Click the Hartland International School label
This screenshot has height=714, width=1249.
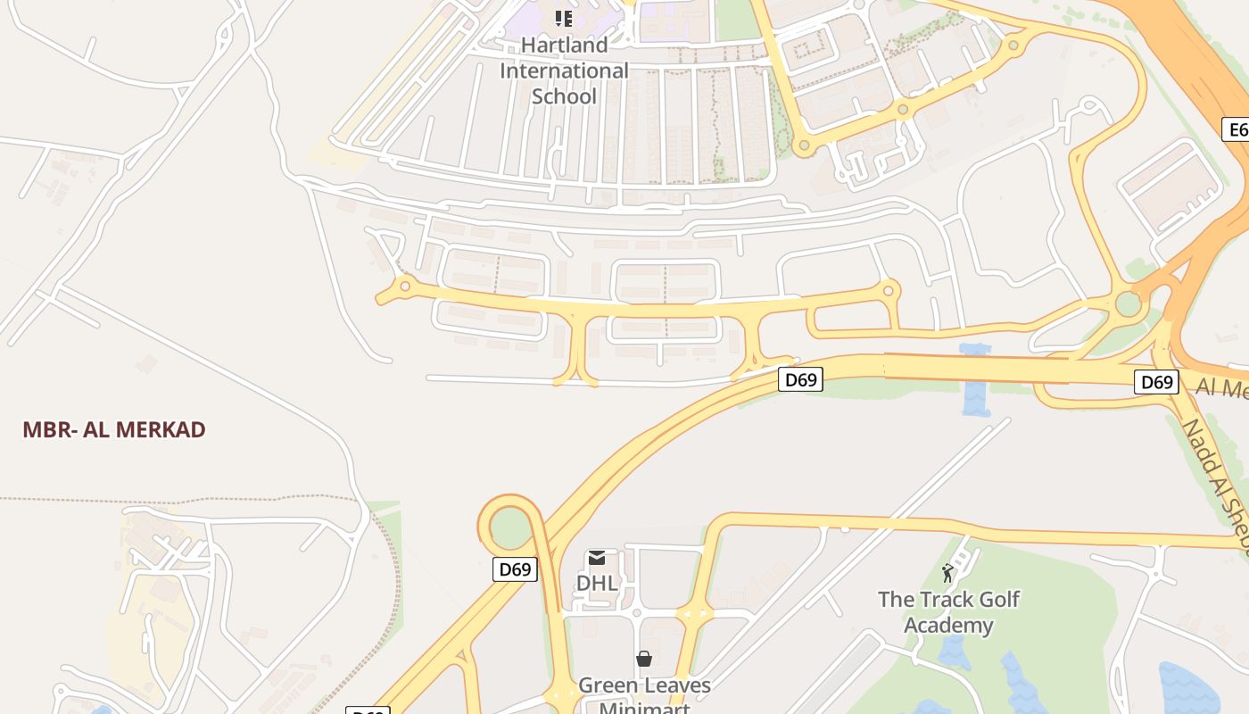[x=564, y=71]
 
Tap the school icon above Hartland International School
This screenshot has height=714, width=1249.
[x=564, y=18]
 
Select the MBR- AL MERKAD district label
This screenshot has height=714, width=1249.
[x=114, y=429]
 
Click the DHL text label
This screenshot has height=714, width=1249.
[x=597, y=583]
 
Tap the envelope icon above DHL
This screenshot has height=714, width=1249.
[x=597, y=559]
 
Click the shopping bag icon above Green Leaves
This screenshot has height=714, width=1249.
[x=644, y=660]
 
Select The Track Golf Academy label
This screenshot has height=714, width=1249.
[x=948, y=611]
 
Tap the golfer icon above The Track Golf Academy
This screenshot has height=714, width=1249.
[x=947, y=573]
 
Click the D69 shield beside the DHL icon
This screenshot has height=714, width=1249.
[x=516, y=569]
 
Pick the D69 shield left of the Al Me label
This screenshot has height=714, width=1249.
[x=1156, y=382]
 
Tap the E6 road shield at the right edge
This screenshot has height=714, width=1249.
[x=1237, y=129]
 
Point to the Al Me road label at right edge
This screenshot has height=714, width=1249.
[x=1221, y=388]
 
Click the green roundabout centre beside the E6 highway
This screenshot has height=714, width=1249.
[x=1129, y=303]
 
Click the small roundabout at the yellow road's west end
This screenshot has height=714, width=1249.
[x=405, y=286]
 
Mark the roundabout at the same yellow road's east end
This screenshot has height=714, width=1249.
[x=889, y=290]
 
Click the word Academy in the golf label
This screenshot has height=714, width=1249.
[x=948, y=625]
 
